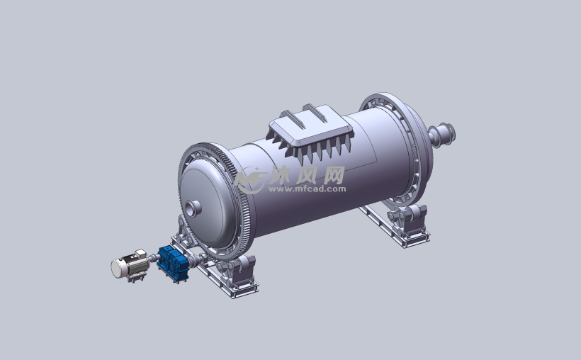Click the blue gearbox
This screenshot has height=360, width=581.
click(x=173, y=263)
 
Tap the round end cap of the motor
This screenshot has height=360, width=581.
click(x=118, y=268)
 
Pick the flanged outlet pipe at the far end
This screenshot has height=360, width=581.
click(x=442, y=135)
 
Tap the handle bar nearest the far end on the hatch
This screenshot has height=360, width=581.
click(x=315, y=113)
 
